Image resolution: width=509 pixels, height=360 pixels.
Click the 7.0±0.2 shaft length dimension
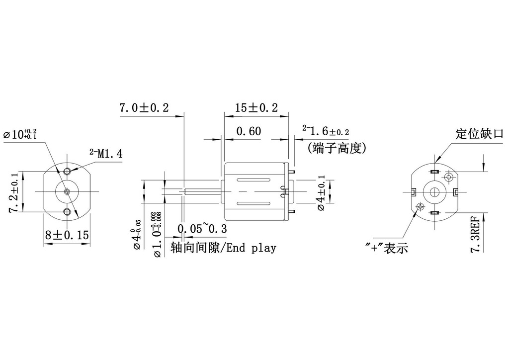pos(144,107)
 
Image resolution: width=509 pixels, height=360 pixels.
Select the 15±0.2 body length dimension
pos(256,107)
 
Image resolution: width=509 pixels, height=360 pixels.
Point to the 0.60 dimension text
pos(249,131)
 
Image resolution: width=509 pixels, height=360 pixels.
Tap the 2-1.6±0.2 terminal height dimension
pos(326,131)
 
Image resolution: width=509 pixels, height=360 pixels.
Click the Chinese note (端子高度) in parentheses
pos(337,147)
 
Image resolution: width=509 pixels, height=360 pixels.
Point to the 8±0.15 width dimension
pos(67,235)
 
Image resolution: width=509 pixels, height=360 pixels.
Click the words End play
pos(251,248)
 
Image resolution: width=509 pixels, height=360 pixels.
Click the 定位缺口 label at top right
pos(479,134)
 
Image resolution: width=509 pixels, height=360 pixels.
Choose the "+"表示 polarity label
pos(386,248)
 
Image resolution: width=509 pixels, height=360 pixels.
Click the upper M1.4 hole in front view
pos(67,172)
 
